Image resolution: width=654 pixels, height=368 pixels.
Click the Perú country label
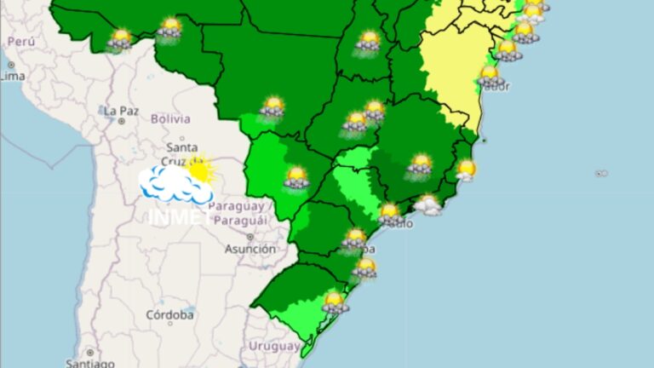point(21,42)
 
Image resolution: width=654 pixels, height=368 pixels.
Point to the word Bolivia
point(170,119)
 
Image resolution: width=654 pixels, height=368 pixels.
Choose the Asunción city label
point(250,250)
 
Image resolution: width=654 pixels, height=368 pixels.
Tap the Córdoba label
point(169,315)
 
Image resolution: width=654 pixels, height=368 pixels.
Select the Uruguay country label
point(274,346)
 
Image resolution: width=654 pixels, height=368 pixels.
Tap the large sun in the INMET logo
point(200,170)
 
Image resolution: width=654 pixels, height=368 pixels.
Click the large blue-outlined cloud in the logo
point(175,184)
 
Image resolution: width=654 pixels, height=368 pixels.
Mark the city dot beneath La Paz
point(122,122)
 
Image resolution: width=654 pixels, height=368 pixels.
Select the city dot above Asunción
point(250,236)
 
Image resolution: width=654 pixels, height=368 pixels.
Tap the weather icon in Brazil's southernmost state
point(335,302)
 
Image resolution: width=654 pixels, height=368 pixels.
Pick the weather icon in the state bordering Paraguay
point(295,177)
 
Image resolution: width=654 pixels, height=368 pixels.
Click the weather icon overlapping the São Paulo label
point(389,214)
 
